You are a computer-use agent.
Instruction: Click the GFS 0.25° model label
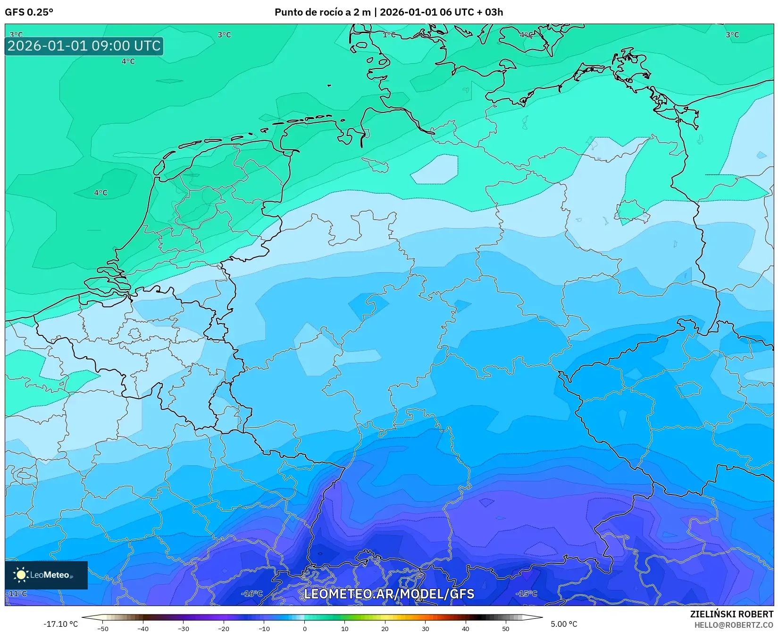point(29,12)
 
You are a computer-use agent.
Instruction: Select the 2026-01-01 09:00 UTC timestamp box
point(84,46)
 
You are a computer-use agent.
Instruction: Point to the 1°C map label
point(389,34)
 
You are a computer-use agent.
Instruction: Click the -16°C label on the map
point(251,594)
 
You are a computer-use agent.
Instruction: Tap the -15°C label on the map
point(526,594)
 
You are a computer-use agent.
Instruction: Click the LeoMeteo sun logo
point(21,575)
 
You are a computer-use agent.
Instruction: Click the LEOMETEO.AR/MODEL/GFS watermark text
point(389,594)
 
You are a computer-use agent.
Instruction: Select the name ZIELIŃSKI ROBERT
point(731,615)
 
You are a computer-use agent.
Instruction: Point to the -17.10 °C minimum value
point(60,624)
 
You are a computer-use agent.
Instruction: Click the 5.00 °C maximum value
point(564,624)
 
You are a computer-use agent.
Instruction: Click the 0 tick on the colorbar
point(305,628)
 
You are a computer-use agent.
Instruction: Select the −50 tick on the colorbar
point(102,628)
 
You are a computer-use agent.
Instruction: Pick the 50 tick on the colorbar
point(506,628)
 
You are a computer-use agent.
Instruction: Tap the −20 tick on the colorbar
point(224,628)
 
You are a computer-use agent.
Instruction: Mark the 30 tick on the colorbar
point(426,628)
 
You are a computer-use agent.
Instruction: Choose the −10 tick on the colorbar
point(264,628)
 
